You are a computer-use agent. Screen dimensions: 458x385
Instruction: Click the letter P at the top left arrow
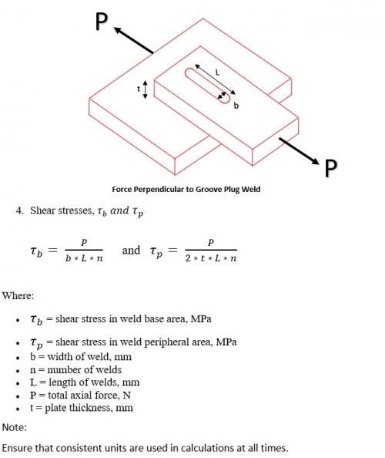point(101,22)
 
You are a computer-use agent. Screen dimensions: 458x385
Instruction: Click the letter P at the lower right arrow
point(331,167)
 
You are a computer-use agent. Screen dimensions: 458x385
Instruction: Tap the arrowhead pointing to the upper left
point(118,30)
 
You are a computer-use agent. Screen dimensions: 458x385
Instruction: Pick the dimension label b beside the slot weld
point(236,106)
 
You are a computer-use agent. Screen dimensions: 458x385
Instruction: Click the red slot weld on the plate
point(207,85)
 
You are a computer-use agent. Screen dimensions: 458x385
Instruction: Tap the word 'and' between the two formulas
point(132,250)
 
